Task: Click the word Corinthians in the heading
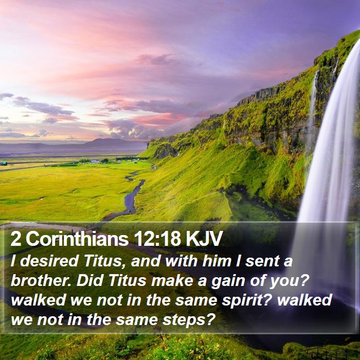pos(77,239)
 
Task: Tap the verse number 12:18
pos(158,239)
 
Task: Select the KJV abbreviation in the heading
pos(204,239)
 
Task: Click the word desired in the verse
pos(49,261)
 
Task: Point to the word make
pos(172,281)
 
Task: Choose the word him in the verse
pos(217,261)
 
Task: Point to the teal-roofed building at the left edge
pos(4,163)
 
